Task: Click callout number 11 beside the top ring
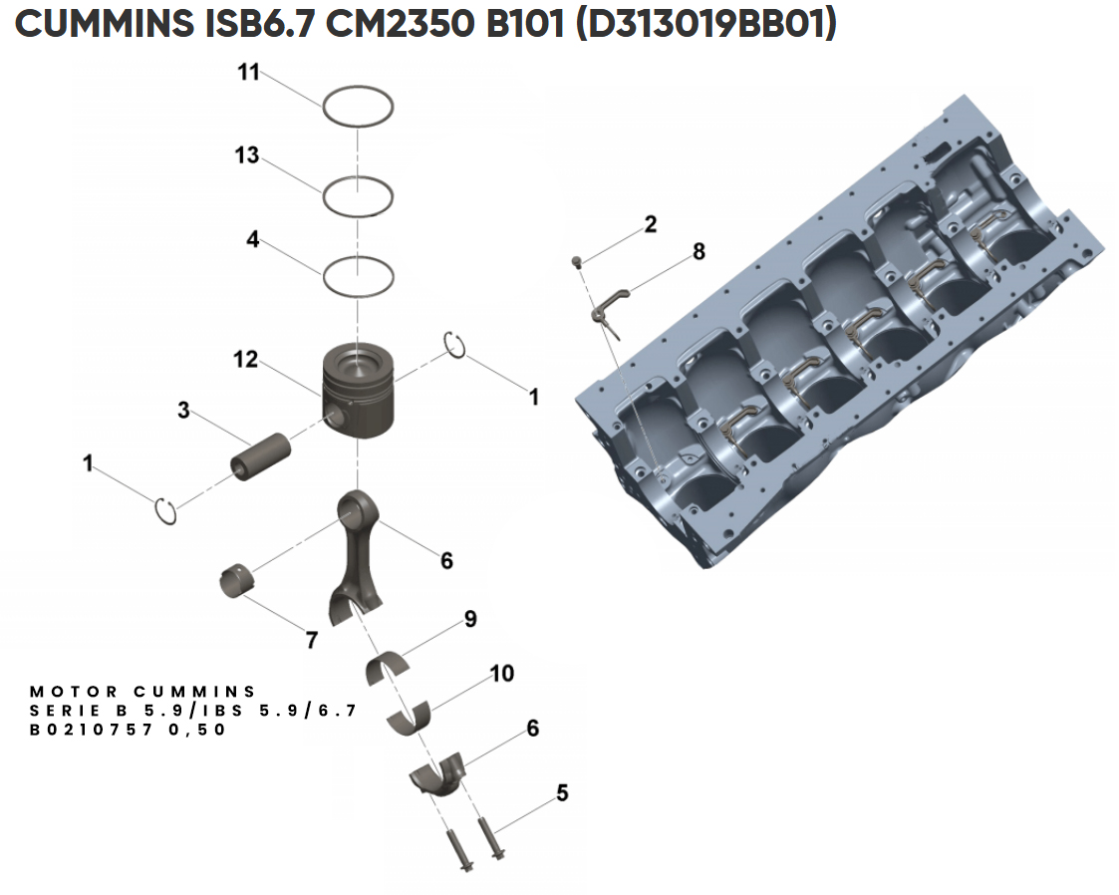248,72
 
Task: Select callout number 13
247,154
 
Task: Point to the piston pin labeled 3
260,456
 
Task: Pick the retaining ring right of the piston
455,345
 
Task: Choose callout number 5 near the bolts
562,793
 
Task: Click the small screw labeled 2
578,262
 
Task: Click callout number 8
699,251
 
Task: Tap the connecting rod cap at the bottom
438,772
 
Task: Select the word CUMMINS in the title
104,24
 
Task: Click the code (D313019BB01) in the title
704,24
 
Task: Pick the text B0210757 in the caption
91,730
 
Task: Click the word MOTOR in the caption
74,692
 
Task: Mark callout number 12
245,359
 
